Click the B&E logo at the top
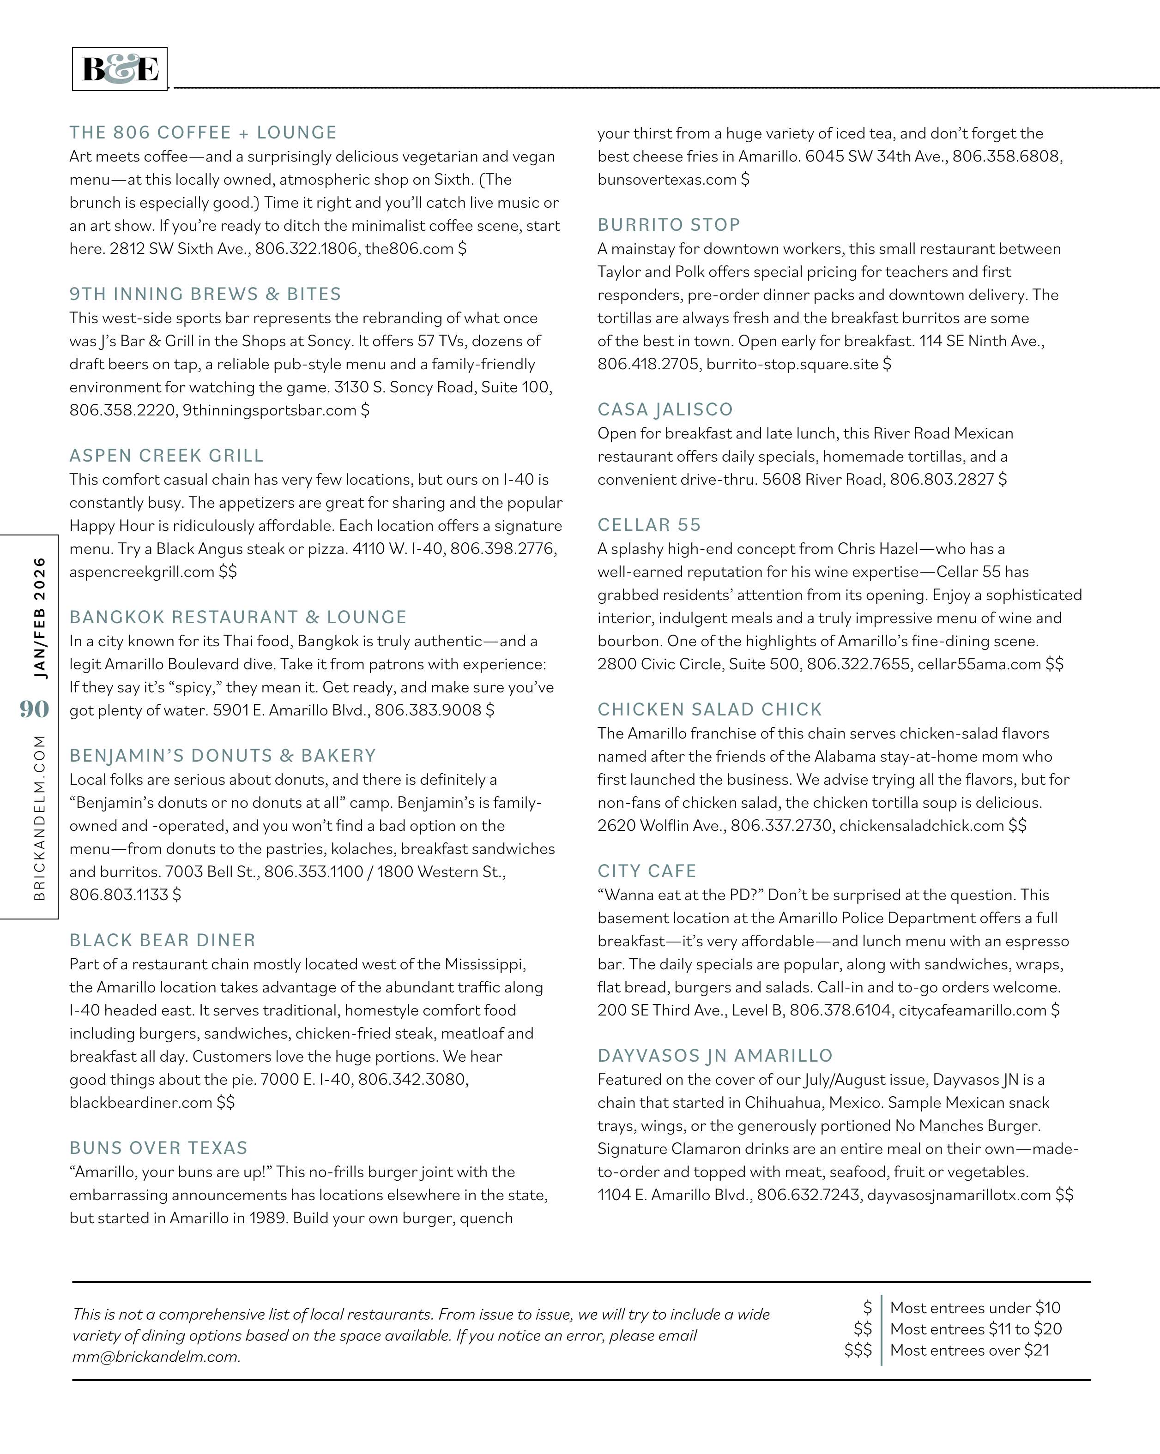click(x=120, y=69)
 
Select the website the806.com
click(x=409, y=248)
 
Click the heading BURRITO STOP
click(x=669, y=225)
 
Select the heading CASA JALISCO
click(x=665, y=409)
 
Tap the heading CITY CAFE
click(x=646, y=871)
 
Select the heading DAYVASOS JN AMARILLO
click(x=715, y=1056)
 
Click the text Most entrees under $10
click(x=975, y=1308)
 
